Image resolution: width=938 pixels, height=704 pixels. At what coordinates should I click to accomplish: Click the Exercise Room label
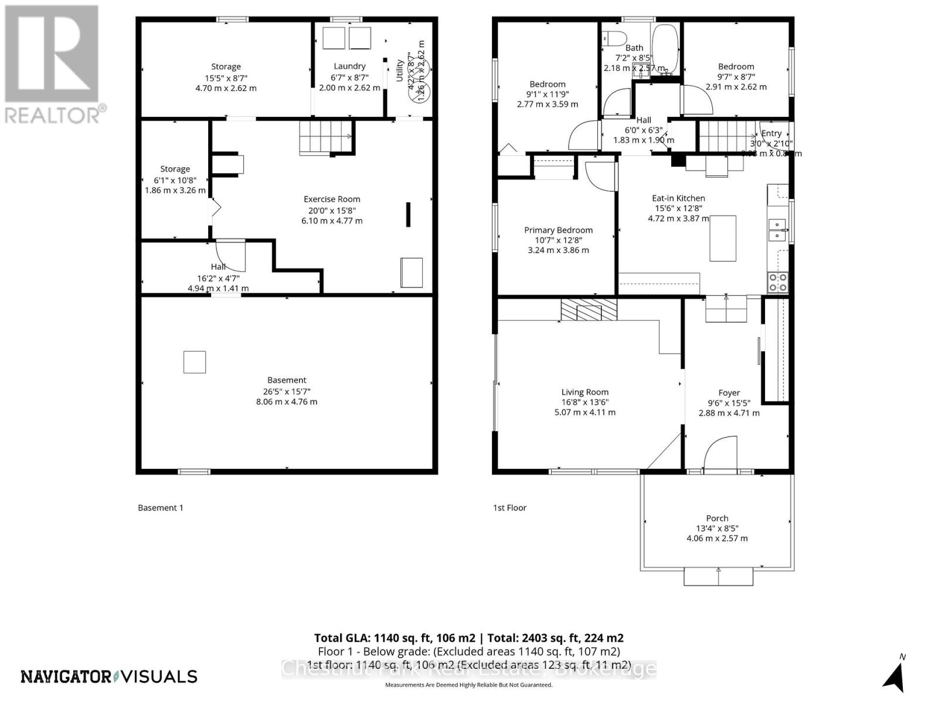332,199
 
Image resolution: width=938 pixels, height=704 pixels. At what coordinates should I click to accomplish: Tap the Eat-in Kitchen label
678,198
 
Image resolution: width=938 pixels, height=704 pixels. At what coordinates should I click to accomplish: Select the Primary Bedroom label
558,230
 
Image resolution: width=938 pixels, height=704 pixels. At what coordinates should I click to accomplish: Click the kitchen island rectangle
723,238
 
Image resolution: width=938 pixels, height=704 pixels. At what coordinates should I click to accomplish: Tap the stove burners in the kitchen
778,282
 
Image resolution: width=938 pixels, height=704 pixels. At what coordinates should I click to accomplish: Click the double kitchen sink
777,230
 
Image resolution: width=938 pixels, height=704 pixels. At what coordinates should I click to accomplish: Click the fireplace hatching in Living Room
589,309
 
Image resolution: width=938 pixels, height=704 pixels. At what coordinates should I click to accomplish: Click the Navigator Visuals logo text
109,676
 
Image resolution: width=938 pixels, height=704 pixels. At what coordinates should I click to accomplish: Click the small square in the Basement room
195,362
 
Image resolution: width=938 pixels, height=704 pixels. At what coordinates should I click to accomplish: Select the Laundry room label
349,66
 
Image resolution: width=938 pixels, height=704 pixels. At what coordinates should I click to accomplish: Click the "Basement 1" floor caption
161,507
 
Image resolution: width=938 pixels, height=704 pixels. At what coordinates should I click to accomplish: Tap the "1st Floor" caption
509,507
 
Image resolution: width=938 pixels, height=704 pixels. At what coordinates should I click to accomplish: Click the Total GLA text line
468,638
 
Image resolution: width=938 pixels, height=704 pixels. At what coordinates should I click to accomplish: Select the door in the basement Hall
231,255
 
